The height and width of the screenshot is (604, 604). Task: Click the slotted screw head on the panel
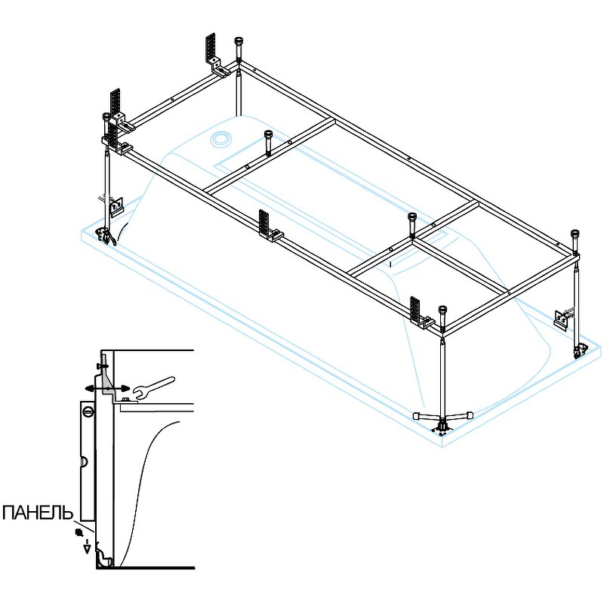click(x=88, y=412)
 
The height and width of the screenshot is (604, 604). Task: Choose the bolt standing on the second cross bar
click(x=413, y=219)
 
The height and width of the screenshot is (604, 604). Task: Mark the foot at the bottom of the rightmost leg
click(x=580, y=349)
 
